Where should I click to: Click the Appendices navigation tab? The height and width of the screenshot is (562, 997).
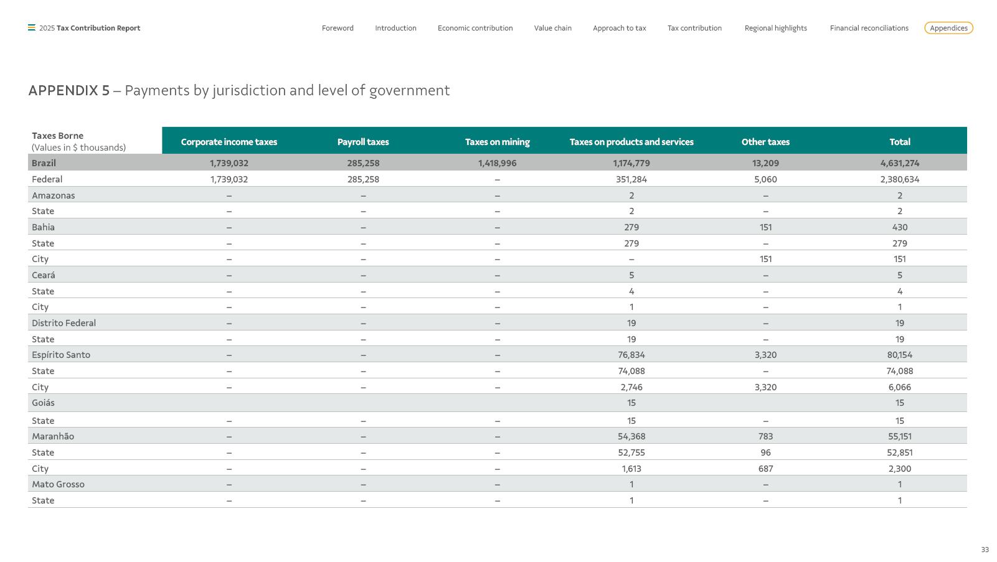(948, 28)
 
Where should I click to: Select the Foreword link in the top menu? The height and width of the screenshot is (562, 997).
(338, 28)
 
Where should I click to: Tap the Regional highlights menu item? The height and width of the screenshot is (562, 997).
(775, 28)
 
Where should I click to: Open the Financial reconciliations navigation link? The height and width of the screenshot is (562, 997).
(869, 28)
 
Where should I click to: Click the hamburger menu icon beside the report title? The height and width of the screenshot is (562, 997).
(32, 27)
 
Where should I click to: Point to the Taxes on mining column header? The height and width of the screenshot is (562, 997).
(497, 142)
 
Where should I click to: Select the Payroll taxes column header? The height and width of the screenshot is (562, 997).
(363, 142)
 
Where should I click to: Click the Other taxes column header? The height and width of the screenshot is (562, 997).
(765, 142)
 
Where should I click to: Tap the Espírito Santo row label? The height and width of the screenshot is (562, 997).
(61, 355)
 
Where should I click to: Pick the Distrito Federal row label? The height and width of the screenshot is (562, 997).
(64, 323)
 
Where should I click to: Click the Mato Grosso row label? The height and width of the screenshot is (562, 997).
(58, 484)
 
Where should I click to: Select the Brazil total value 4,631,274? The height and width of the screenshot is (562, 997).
(899, 163)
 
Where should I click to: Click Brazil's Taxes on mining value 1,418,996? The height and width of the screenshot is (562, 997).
(497, 163)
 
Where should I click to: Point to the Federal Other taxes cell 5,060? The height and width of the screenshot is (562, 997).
(765, 179)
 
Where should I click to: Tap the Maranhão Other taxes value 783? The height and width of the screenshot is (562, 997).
(765, 436)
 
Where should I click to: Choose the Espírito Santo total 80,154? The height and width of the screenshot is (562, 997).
(899, 355)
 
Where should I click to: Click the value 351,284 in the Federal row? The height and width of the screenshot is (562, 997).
(631, 179)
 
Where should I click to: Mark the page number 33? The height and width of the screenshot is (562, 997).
(985, 550)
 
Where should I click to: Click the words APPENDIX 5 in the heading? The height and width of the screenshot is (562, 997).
(69, 90)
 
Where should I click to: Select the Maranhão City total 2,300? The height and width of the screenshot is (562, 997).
(899, 469)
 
